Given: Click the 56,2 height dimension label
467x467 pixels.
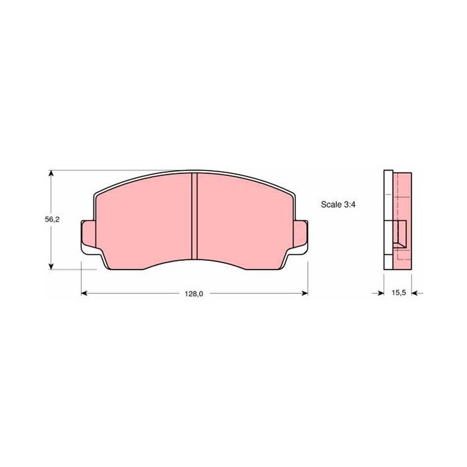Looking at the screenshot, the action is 53,219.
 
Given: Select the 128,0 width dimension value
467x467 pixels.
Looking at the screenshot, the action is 194,294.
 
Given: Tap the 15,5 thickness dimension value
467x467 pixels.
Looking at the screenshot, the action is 399,293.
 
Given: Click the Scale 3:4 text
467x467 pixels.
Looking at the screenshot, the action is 338,205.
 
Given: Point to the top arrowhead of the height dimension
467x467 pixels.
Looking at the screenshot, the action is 51,173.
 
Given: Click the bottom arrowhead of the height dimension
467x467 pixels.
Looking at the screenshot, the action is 51,266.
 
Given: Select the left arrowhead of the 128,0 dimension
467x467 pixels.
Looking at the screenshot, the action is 84,294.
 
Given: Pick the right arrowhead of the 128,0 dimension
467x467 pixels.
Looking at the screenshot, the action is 305,294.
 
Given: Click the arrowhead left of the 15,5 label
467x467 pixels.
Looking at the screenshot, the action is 381,294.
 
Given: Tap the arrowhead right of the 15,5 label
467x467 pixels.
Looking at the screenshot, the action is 415,294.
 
